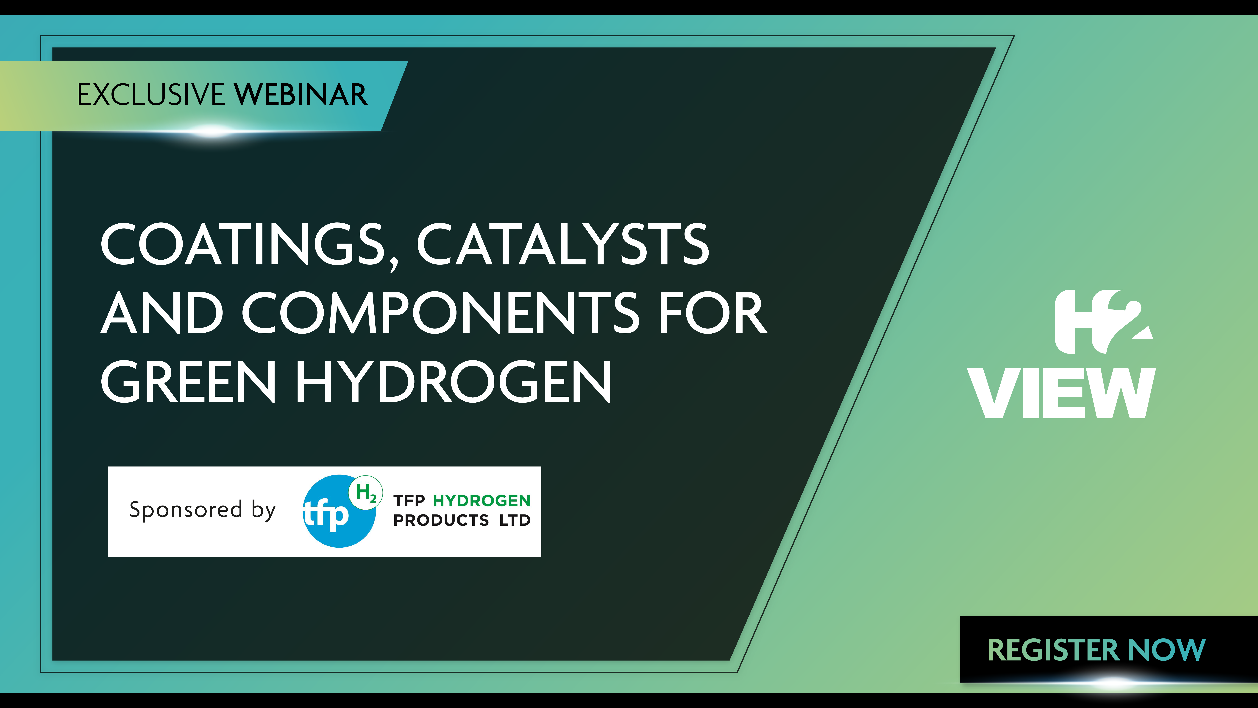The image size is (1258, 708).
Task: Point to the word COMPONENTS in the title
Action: point(440,313)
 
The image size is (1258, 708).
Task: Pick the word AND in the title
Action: point(162,313)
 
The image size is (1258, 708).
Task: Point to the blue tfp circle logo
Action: point(339,512)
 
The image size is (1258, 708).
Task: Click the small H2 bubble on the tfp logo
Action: point(365,492)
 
